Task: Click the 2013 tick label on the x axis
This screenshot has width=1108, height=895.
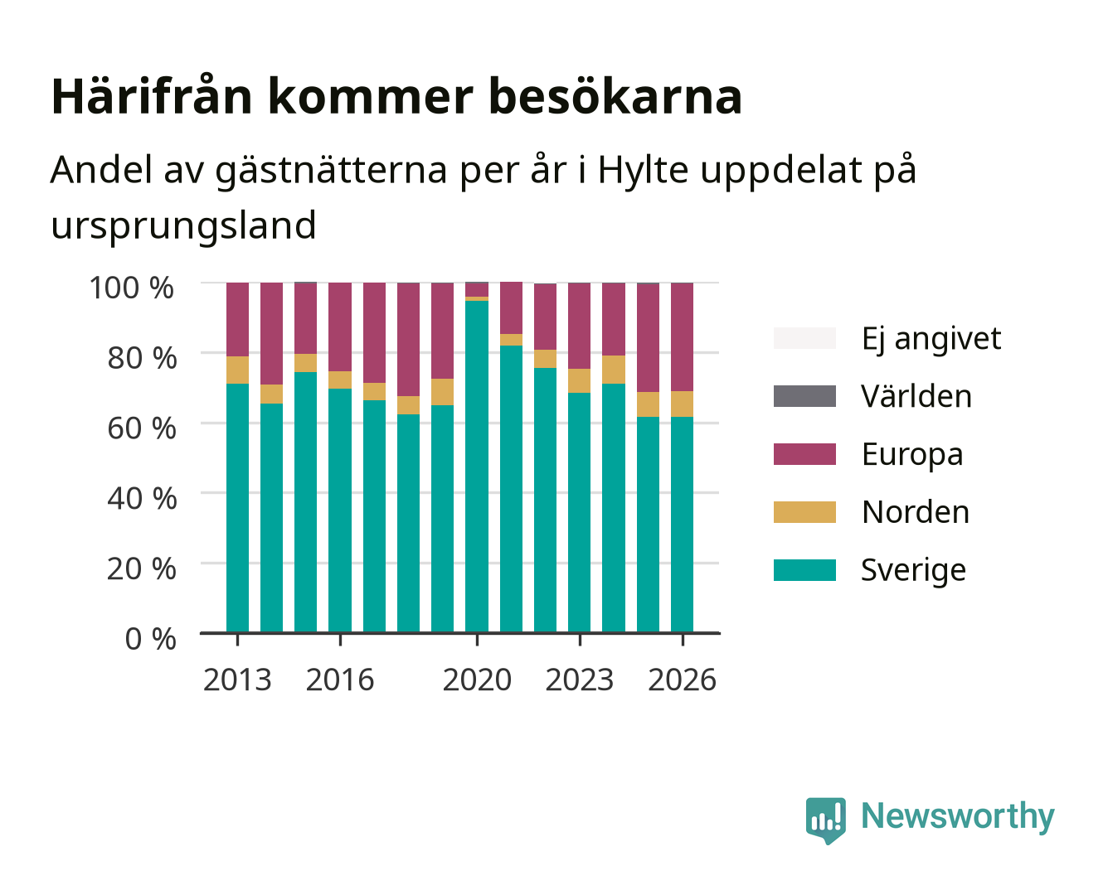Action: point(236,680)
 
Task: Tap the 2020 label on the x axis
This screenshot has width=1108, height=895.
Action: point(477,680)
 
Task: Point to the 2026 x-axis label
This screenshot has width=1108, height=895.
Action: point(682,680)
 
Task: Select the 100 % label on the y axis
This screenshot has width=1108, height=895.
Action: point(132,288)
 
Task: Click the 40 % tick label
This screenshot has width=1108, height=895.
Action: point(142,498)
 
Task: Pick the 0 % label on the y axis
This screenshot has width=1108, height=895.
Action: point(150,638)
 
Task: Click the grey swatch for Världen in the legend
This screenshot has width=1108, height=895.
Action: point(804,396)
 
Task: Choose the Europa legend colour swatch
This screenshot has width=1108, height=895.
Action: point(804,454)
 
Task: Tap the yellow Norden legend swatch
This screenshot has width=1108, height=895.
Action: point(804,512)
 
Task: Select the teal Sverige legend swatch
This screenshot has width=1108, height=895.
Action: point(804,569)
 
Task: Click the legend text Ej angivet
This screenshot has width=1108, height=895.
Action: point(931,339)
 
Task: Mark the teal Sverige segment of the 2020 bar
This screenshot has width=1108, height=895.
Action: point(477,467)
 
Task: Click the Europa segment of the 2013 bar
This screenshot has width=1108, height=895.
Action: point(237,320)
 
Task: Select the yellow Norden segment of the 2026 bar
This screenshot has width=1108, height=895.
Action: point(682,404)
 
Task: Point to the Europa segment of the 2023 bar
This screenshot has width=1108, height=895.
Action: point(579,326)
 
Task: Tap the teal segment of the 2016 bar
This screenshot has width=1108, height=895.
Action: point(340,510)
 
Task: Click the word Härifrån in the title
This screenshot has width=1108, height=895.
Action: point(152,97)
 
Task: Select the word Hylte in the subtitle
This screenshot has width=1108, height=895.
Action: point(644,171)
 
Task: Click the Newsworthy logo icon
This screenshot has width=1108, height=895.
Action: point(825,820)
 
